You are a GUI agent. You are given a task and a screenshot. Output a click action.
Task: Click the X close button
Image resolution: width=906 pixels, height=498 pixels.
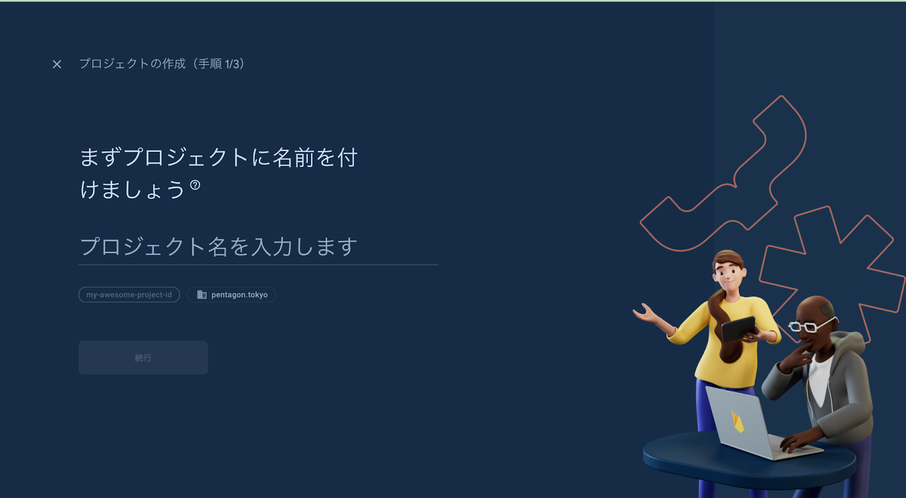pyautogui.click(x=57, y=64)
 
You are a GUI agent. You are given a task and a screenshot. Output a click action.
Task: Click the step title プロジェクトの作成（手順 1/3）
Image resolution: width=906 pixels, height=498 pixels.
pyautogui.click(x=162, y=63)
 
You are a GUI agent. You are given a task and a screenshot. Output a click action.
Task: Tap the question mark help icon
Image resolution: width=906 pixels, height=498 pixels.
pyautogui.click(x=195, y=185)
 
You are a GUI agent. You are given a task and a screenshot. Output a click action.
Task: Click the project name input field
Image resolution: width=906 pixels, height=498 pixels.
pyautogui.click(x=258, y=247)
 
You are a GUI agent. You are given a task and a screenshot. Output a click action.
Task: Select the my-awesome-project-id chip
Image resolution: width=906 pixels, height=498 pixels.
pyautogui.click(x=129, y=295)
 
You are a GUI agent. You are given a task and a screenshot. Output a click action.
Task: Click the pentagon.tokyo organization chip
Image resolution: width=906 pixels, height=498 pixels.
pyautogui.click(x=232, y=295)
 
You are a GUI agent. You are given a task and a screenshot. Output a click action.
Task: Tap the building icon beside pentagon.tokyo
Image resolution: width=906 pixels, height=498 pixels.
pyautogui.click(x=202, y=295)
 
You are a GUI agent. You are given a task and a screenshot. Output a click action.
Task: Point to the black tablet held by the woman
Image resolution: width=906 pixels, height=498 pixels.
pyautogui.click(x=738, y=329)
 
